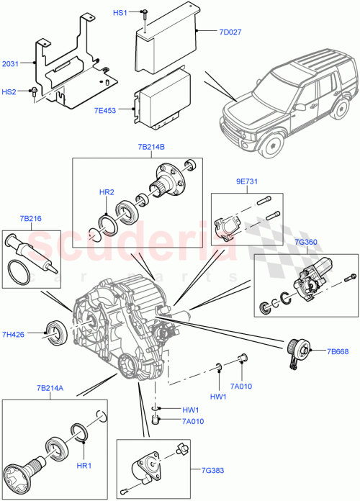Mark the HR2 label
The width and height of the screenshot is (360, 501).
coord(107,193)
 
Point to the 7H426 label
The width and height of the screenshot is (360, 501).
coord(14,334)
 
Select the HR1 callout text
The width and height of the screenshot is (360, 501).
coord(84,466)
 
